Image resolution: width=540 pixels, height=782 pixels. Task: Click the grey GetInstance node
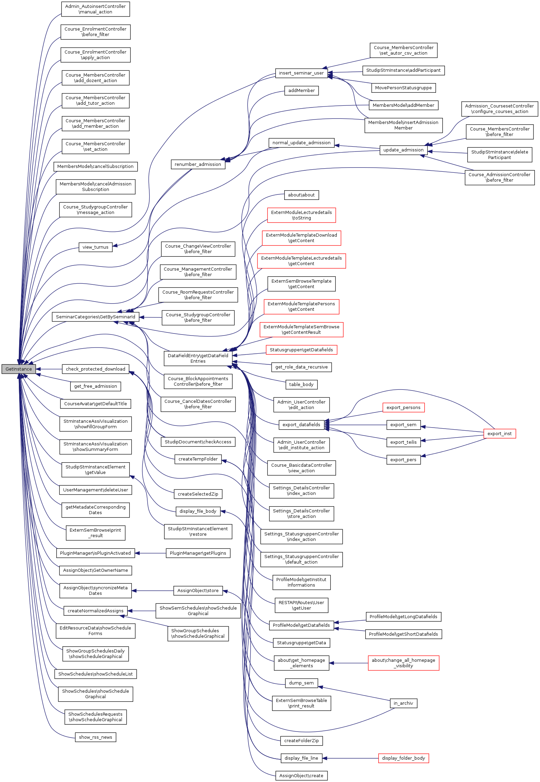coord(19,369)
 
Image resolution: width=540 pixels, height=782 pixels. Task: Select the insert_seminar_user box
coord(301,73)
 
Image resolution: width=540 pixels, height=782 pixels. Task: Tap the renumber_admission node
coord(198,165)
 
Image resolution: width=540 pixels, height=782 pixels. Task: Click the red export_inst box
coord(499,434)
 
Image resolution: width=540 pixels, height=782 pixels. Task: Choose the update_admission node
coord(403,150)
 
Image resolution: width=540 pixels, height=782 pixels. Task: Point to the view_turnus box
coord(95,247)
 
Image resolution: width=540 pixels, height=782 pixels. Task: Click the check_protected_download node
coord(95,369)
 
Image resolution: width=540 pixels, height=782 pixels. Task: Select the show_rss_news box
coord(95,737)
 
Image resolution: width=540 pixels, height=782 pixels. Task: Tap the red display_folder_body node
coord(403,758)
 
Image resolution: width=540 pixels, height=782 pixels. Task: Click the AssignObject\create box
coord(301,776)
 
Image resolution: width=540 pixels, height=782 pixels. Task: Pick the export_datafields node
coord(301,425)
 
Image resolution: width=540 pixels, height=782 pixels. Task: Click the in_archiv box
coord(403,703)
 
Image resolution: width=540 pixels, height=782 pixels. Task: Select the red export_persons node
coord(403,408)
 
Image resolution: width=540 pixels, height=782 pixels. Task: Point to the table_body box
coord(301,385)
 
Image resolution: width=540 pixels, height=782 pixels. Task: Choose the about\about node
coord(301,195)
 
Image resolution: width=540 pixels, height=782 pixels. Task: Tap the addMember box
coord(301,91)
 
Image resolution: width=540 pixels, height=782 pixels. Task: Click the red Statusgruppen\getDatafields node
coord(301,350)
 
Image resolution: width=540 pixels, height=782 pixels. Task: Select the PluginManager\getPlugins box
coord(198,553)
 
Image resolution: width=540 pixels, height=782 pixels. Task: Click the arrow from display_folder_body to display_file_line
coord(350,758)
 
